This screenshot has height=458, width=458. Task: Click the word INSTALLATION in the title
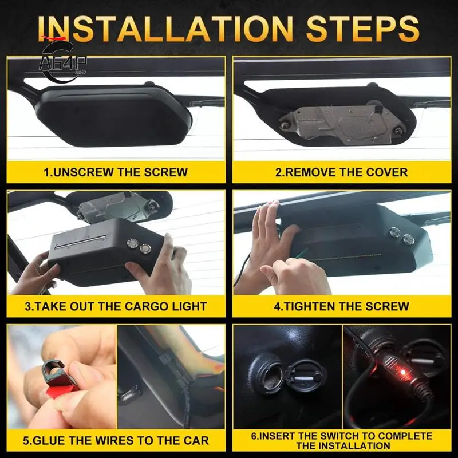click(x=166, y=29)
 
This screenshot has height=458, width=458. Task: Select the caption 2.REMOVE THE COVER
click(x=341, y=172)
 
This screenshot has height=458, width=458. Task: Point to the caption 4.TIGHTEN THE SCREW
click(x=341, y=306)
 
